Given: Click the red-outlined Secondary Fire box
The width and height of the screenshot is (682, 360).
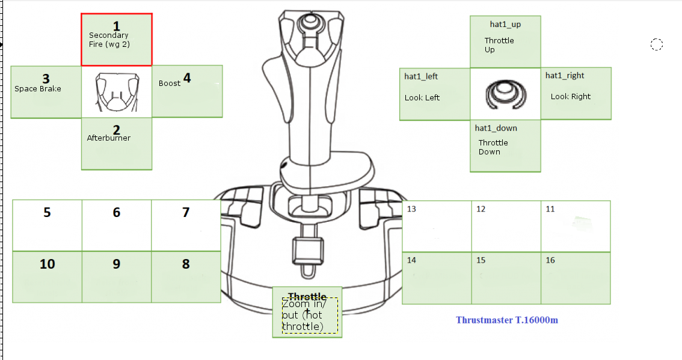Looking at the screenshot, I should [117, 40].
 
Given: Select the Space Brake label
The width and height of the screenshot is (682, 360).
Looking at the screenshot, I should [38, 89].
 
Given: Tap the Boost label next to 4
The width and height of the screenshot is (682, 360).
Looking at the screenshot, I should [170, 84].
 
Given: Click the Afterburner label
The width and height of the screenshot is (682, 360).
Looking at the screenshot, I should [109, 138].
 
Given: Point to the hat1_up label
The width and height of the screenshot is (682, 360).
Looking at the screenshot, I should [505, 25].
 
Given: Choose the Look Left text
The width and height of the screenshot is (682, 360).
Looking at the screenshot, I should [422, 98].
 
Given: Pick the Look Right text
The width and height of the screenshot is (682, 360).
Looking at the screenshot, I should [571, 97].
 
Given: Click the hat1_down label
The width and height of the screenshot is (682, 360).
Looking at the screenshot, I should [496, 128].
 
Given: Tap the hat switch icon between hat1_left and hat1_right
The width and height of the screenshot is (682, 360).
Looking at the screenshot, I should [505, 95].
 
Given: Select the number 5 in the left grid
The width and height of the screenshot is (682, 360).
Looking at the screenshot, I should [47, 212].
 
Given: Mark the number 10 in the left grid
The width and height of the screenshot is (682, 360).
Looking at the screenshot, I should [47, 264].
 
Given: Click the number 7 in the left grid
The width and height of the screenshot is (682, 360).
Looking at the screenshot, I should [186, 212].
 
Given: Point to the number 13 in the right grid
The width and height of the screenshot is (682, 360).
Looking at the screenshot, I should [412, 209].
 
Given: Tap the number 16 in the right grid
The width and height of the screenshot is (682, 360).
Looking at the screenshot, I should [550, 260].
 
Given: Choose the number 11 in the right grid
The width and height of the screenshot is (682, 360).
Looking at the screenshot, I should [550, 209].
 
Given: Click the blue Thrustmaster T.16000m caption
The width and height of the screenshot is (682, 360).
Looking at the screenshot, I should [507, 320].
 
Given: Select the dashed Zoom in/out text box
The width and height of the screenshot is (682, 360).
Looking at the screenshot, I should [310, 316].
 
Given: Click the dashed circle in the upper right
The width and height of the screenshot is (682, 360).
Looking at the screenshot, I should [657, 44].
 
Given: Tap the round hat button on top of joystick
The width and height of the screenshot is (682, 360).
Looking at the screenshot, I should [310, 21].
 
